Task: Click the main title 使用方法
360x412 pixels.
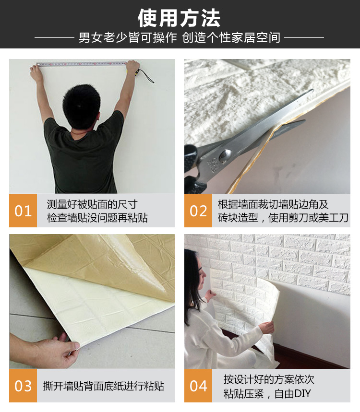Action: click(179, 18)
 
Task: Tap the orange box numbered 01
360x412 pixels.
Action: click(23, 211)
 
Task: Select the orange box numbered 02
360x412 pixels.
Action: click(198, 211)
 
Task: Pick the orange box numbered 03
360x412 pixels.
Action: click(23, 386)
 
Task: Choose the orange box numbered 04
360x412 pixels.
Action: click(198, 386)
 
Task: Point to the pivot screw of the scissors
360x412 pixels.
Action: click(226, 154)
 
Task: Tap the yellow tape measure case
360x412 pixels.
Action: click(137, 72)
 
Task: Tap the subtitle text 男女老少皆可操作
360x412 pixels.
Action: click(128, 37)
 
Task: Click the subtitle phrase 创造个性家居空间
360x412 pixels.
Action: click(231, 37)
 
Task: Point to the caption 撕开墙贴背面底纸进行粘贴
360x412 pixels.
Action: click(103, 386)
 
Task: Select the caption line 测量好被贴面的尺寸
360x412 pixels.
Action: click(92, 204)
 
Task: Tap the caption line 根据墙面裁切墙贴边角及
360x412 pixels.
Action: click(273, 204)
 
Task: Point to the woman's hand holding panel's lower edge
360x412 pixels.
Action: click(267, 328)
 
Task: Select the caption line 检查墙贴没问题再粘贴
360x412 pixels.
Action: click(97, 218)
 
